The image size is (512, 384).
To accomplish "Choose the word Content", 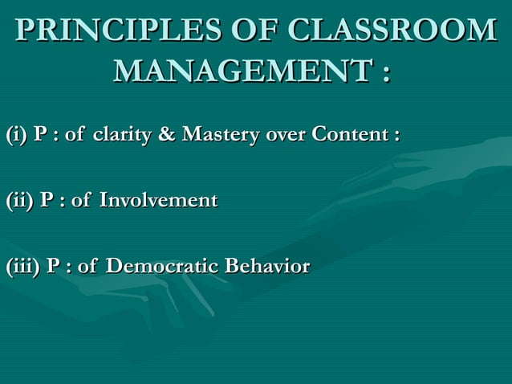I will pyautogui.click(x=349, y=133).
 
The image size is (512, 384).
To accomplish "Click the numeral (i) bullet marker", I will pyautogui.click(x=16, y=133).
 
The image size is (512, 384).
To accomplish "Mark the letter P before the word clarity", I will pyautogui.click(x=40, y=133).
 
